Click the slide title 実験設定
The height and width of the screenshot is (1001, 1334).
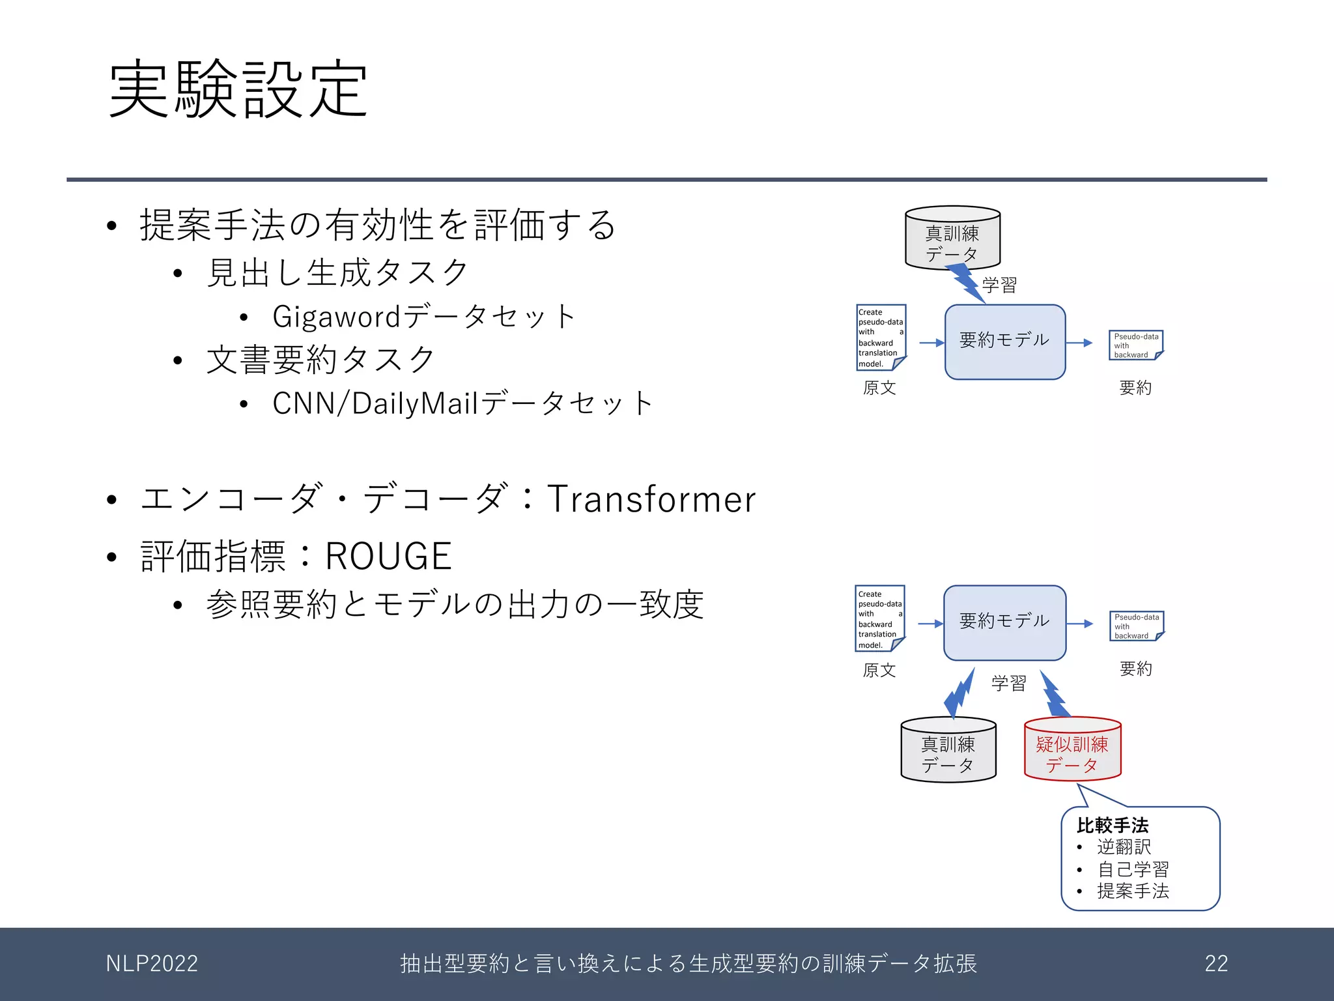point(238,89)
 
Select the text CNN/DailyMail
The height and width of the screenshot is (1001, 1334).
point(376,403)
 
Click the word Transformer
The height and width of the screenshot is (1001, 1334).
point(651,500)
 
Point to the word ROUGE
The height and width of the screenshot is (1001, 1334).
point(388,557)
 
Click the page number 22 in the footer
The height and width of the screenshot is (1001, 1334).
point(1216,963)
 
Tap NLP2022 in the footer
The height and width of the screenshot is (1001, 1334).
point(152,963)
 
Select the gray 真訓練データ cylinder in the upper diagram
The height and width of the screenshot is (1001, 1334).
point(952,239)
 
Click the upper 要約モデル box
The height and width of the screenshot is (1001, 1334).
point(1004,341)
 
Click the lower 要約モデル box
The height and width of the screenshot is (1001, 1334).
point(1004,622)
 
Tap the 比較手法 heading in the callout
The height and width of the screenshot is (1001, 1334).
point(1112,826)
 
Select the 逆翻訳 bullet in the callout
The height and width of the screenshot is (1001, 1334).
point(1124,847)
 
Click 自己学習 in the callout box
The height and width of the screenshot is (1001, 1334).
point(1133,869)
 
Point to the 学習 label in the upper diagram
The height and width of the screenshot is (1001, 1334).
point(999,285)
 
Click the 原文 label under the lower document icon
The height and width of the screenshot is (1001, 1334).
point(879,670)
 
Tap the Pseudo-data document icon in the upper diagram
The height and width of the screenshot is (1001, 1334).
point(1135,345)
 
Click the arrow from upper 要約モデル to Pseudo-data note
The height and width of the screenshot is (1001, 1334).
point(1079,343)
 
